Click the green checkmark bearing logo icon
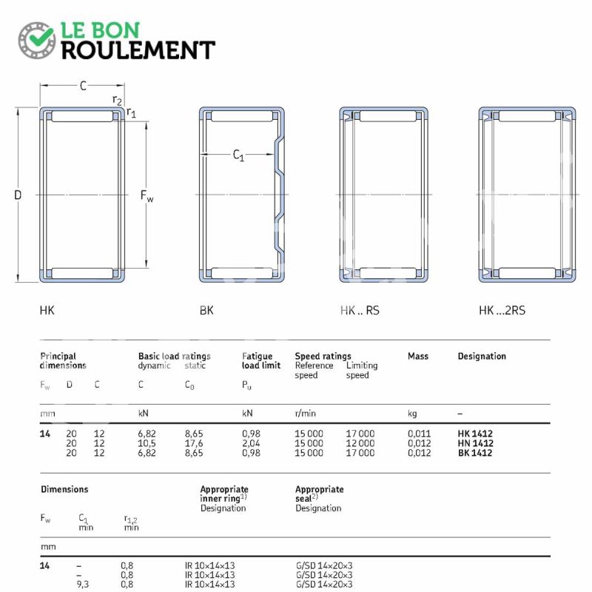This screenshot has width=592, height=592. click(x=36, y=40)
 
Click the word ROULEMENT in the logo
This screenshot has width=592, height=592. click(x=138, y=50)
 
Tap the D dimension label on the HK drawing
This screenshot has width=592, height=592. click(x=18, y=195)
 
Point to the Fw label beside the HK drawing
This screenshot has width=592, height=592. click(x=147, y=195)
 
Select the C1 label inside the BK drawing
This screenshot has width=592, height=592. click(x=238, y=155)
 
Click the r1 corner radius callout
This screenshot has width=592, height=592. click(x=131, y=112)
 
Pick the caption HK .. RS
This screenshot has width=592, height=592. click(x=360, y=310)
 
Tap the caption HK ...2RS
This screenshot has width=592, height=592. click(x=502, y=310)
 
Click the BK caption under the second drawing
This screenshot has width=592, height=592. click(x=206, y=310)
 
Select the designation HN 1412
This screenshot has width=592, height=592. click(x=475, y=443)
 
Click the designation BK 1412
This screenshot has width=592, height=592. click(x=475, y=453)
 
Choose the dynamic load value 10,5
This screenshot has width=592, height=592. click(x=147, y=443)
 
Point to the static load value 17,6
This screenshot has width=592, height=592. click(x=194, y=443)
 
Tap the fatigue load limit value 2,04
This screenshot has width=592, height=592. click(x=251, y=443)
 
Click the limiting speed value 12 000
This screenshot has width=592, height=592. click(x=360, y=443)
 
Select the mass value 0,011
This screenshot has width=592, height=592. click(x=419, y=434)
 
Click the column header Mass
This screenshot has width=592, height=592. click(x=418, y=356)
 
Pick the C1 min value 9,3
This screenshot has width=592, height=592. click(x=83, y=585)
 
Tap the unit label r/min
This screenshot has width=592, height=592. click(x=305, y=414)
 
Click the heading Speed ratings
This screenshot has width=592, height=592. click(x=323, y=356)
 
